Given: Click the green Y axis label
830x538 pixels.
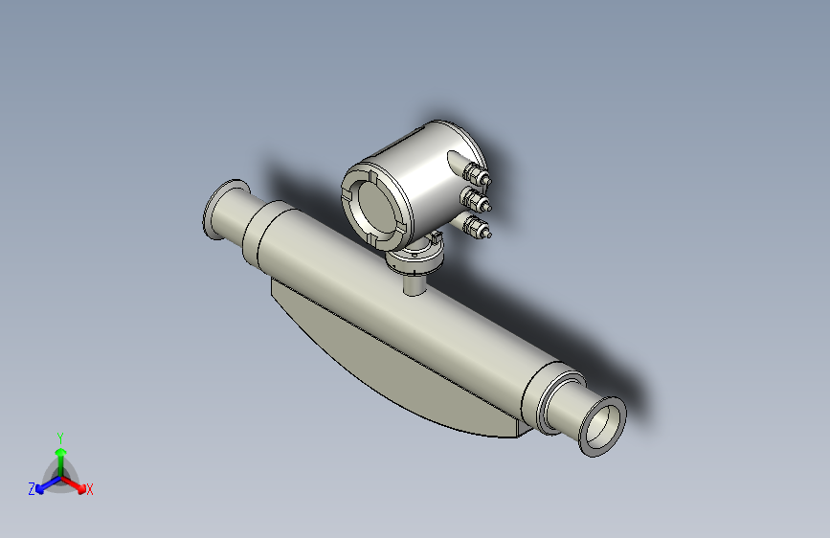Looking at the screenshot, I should pos(60,436).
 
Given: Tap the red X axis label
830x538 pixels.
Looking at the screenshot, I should pos(90,489).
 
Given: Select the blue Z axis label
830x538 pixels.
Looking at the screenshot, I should pos(32,488).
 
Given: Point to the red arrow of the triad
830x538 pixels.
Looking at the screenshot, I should pos(77,483).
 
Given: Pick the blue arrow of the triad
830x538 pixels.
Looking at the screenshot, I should pos(44,483).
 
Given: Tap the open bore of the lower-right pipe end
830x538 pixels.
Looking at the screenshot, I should pos(601,427).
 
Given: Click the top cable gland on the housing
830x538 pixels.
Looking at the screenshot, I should pos(475,174).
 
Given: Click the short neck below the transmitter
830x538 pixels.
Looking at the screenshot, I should pos(415,282).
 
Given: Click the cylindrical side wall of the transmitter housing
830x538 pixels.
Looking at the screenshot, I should pos(421,182).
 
